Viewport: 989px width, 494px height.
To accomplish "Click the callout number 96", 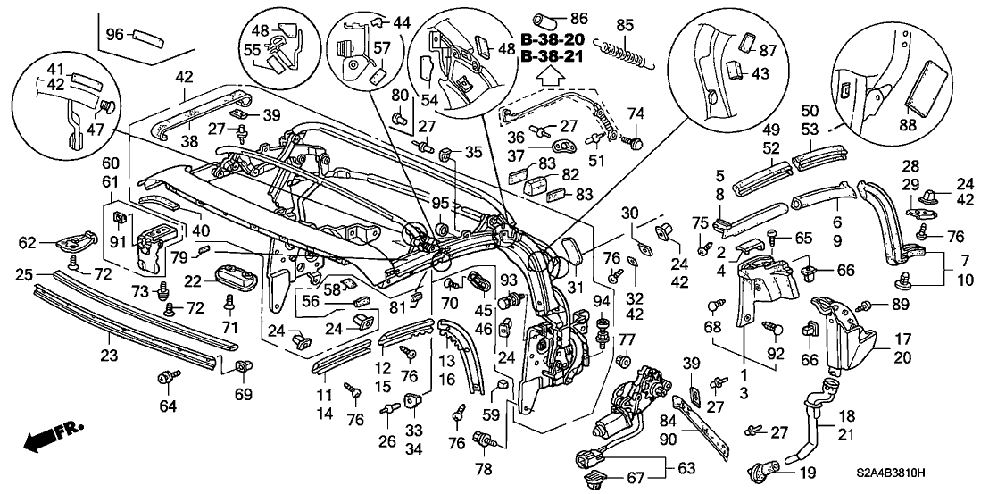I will [113, 34].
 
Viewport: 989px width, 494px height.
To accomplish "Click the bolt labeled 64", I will [166, 380].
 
